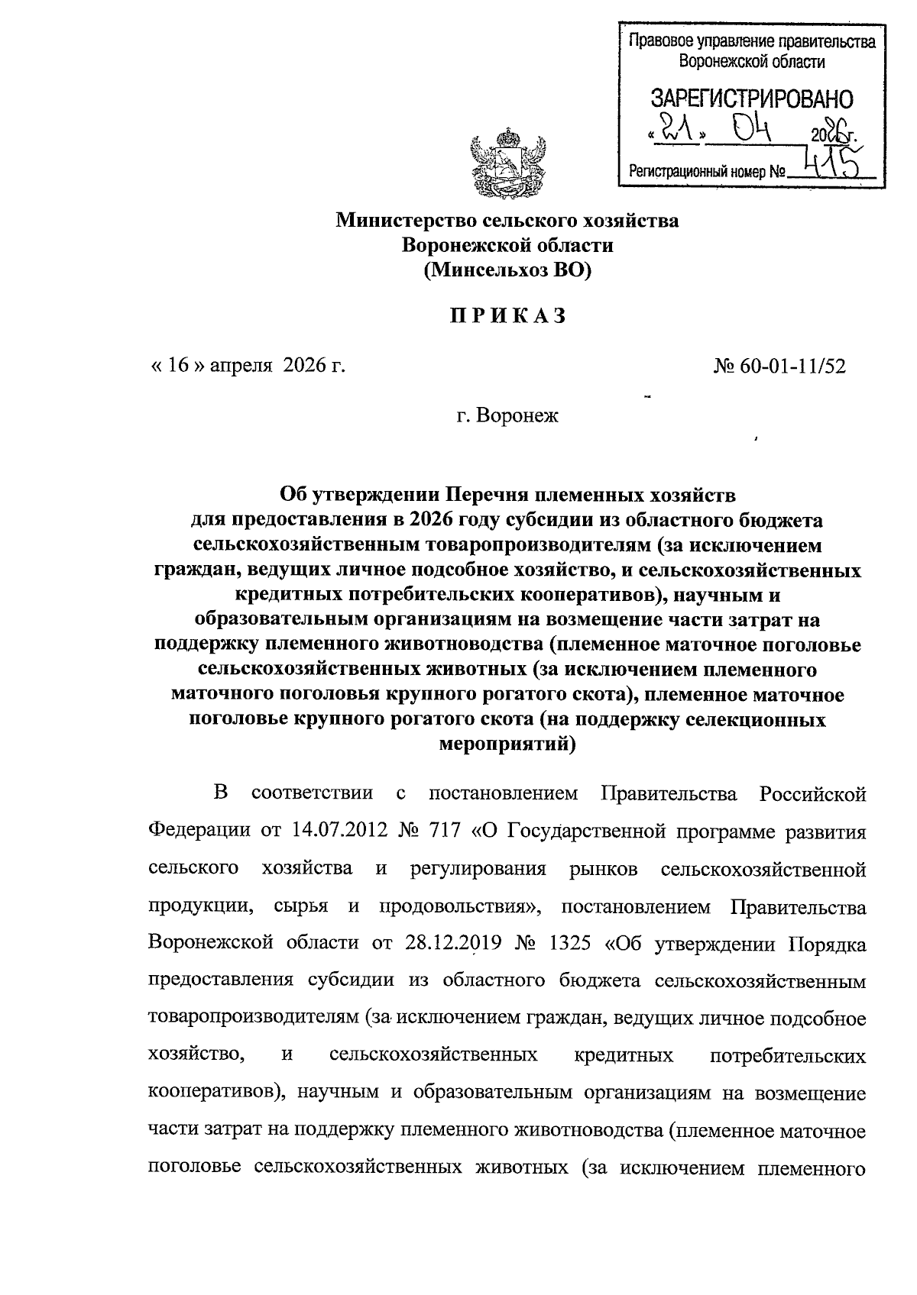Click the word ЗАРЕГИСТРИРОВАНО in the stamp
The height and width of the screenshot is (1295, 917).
[x=752, y=98]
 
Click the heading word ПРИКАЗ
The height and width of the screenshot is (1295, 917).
[x=507, y=316]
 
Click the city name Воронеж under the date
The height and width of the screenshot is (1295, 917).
[x=517, y=416]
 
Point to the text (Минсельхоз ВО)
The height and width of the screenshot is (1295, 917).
[x=507, y=270]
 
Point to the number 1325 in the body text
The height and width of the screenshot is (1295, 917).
[x=570, y=944]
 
